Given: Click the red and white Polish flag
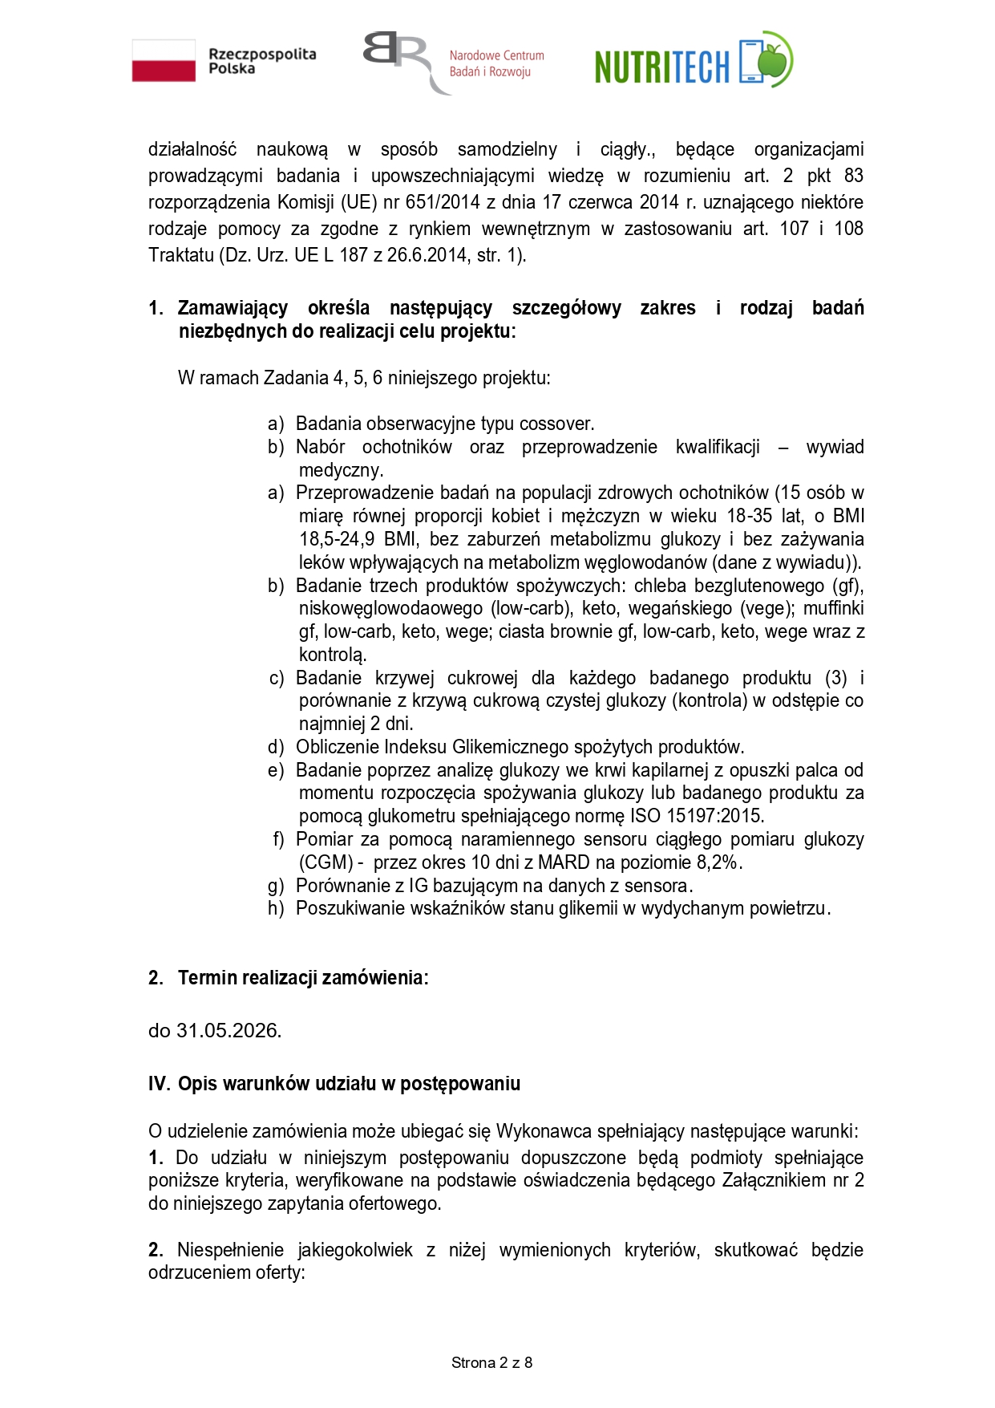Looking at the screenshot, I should pos(164,61).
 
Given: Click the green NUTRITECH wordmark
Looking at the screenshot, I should pos(662,67).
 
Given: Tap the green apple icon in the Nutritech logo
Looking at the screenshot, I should pos(774,59).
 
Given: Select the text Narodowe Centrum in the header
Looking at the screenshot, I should pos(496,55).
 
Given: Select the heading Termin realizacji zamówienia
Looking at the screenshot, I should pos(302,977).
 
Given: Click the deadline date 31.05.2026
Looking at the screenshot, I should pos(228,1031).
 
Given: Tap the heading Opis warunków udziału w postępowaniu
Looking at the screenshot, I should pos(349,1084).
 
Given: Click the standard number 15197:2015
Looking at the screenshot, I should pos(715,816).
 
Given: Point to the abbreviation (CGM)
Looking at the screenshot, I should pos(326,862).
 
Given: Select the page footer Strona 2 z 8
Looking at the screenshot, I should pos(492,1362).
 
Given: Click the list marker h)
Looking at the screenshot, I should pos(276,909).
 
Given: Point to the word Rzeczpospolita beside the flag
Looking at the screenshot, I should pos(262,55).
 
